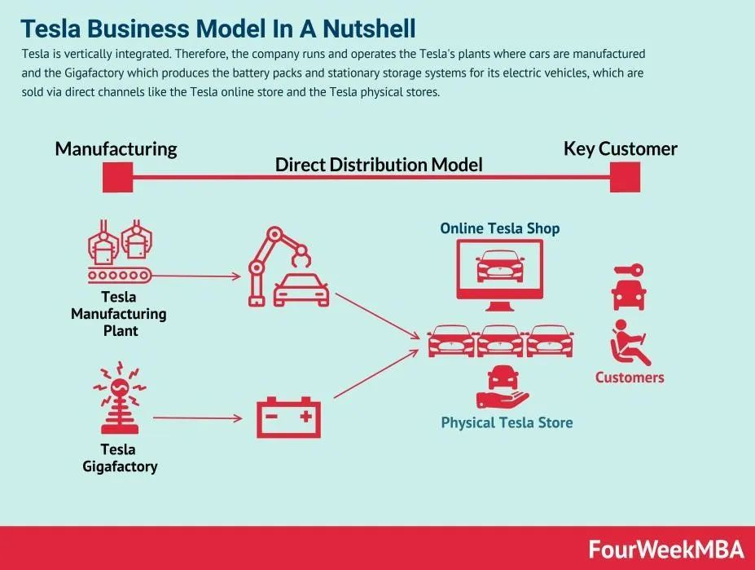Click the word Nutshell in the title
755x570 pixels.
(369, 29)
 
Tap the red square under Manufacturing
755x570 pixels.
(117, 177)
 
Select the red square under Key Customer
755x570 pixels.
(625, 177)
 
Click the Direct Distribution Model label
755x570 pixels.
(379, 165)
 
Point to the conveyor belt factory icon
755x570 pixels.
(120, 251)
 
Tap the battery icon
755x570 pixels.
(288, 418)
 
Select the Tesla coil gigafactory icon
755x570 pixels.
(120, 398)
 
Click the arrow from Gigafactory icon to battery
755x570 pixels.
(198, 418)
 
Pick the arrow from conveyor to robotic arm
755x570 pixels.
(196, 276)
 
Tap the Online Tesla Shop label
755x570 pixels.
(500, 228)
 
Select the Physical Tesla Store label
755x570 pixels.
(507, 422)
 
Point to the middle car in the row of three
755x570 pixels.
(500, 341)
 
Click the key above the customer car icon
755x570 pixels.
(629, 270)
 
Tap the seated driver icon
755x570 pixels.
(630, 342)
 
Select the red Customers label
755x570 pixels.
(630, 377)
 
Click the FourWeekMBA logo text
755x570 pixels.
(666, 550)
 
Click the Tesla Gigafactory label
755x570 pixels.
(120, 457)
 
